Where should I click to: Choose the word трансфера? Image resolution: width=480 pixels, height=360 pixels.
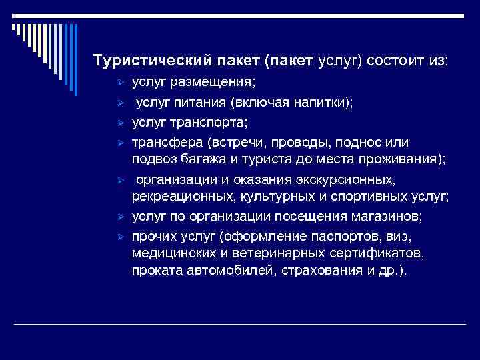(x=164, y=143)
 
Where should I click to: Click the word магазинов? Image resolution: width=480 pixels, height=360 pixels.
(x=385, y=217)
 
